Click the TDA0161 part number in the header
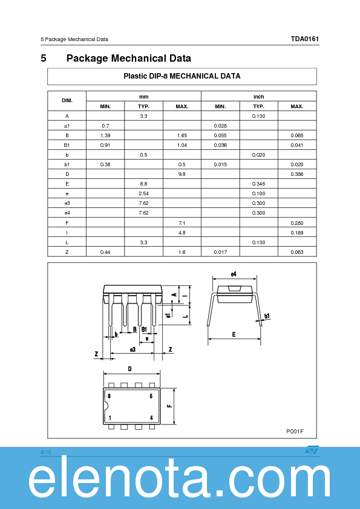tap(304, 39)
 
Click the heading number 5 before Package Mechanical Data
tap(44, 59)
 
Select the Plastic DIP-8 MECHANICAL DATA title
tap(182, 76)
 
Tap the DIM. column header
tap(67, 100)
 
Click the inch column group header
tap(258, 96)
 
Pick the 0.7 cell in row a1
tap(105, 125)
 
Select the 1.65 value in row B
tap(182, 135)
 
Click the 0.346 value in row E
tap(258, 183)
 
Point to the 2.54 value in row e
tap(143, 193)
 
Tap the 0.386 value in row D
tap(296, 173)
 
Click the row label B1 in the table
tap(67, 144)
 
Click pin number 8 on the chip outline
tap(109, 396)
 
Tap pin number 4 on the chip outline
tap(151, 418)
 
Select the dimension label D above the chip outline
tap(129, 369)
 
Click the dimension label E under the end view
tap(234, 334)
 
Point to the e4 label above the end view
tap(234, 274)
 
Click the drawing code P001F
tap(295, 431)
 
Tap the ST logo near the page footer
tap(312, 450)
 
